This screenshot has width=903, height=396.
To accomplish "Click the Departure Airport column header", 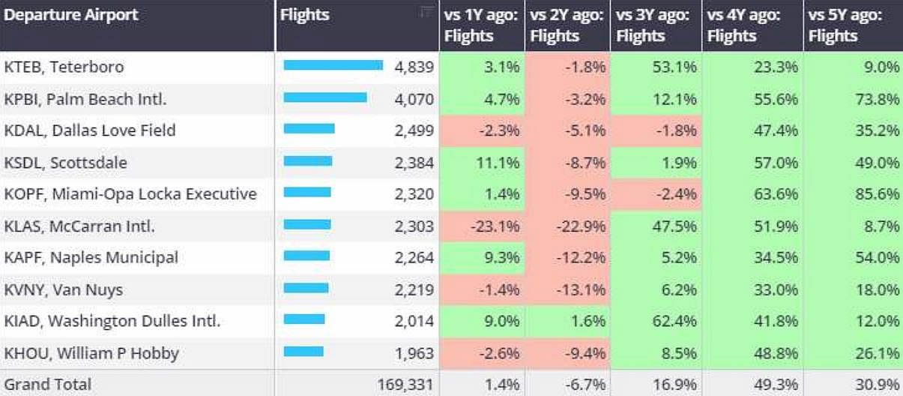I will [72, 15].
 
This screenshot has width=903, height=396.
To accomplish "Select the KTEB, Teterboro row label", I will [64, 67].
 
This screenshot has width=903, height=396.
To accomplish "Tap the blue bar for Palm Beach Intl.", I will [325, 97].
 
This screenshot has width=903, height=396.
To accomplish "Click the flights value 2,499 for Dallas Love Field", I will [414, 130].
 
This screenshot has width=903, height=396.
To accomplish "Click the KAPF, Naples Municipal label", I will [91, 258].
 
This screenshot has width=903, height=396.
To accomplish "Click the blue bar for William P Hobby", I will [303, 352].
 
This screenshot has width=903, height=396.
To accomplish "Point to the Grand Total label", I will [48, 384].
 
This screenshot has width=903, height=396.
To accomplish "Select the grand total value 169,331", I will [405, 384].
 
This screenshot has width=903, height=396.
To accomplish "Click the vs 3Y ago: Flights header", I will [652, 25].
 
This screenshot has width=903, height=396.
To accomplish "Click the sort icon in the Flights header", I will [426, 11].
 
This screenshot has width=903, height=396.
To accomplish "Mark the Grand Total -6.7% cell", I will [586, 384].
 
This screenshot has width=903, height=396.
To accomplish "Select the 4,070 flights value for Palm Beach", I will [414, 98].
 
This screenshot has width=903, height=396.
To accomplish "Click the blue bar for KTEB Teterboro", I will [333, 65].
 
